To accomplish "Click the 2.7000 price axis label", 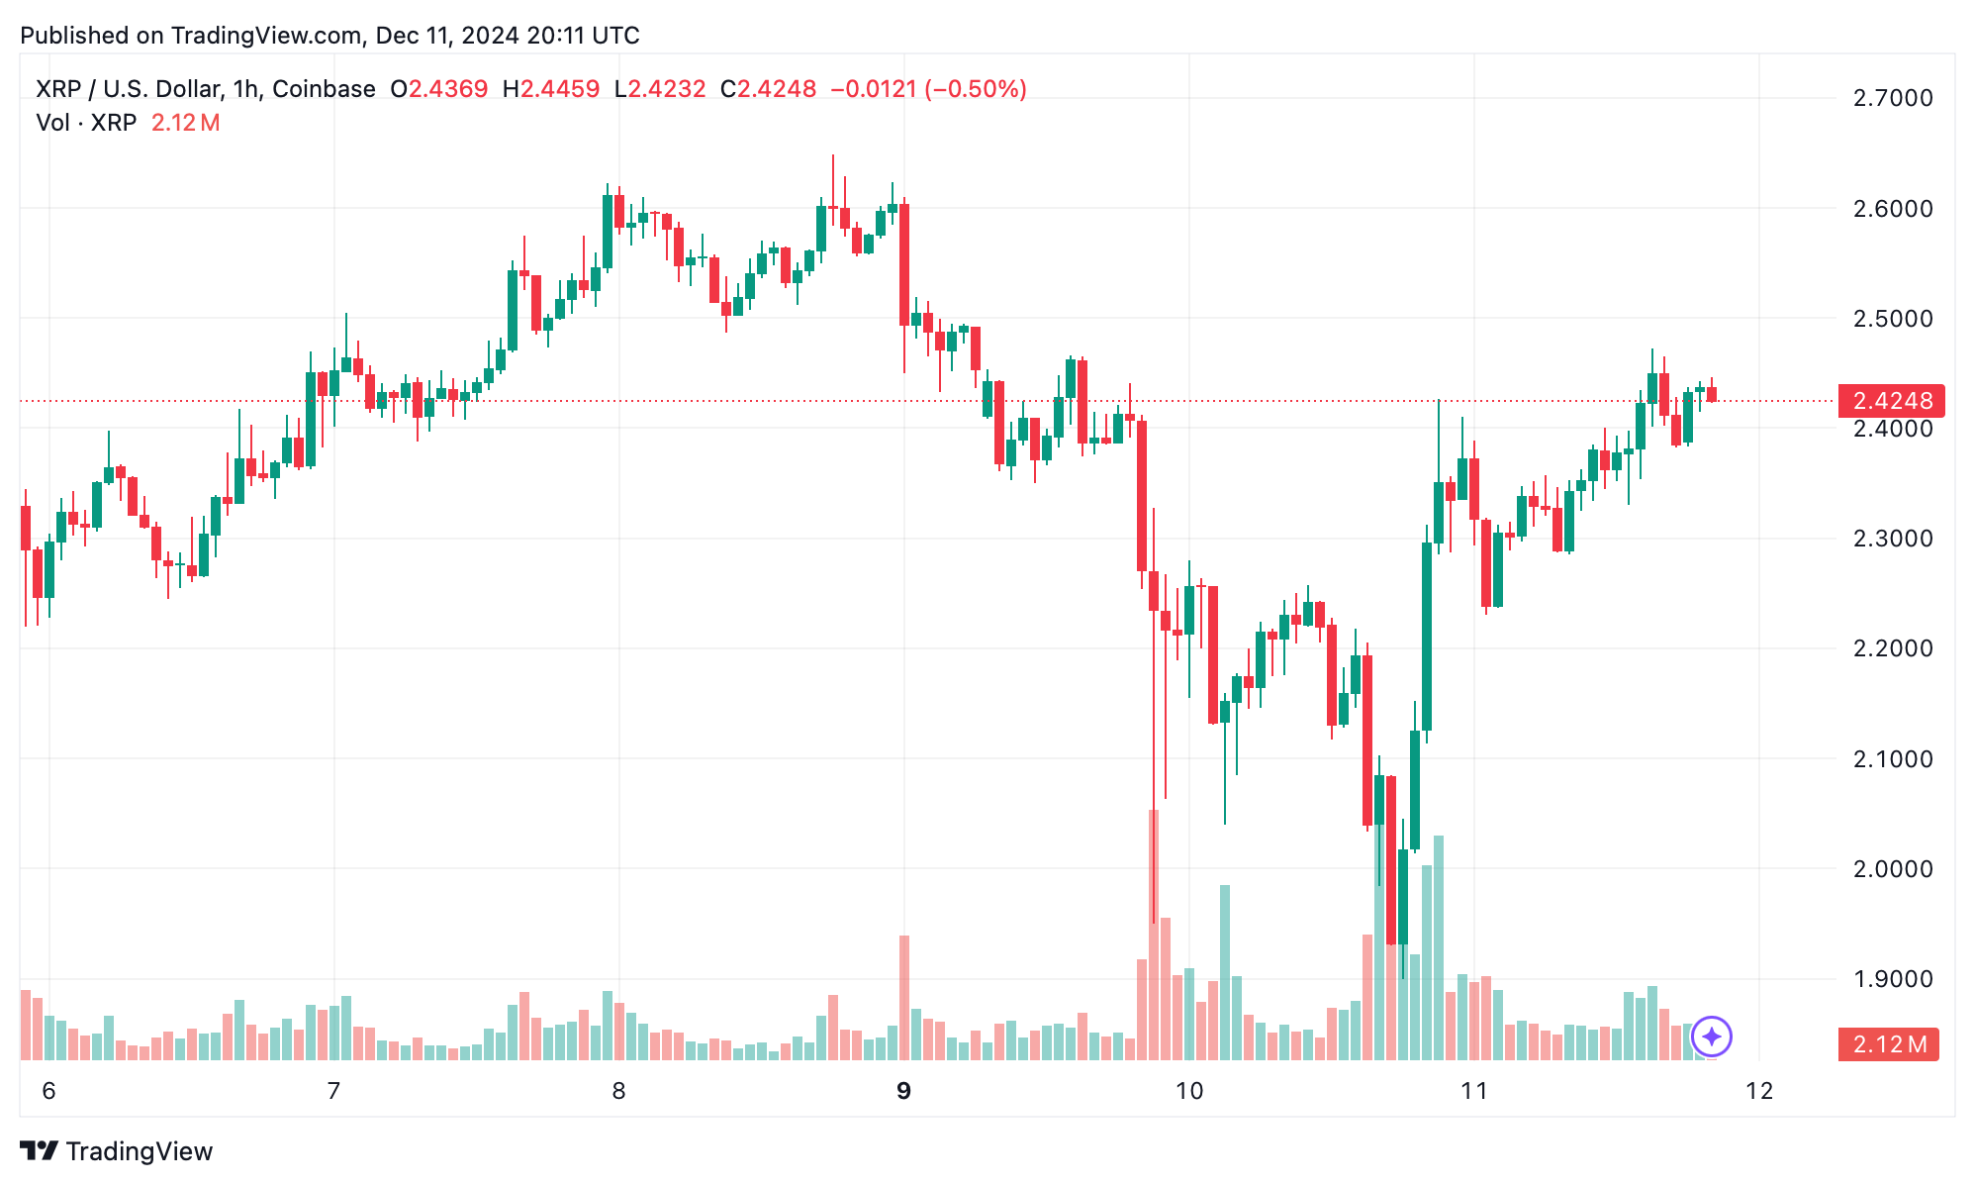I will pyautogui.click(x=1892, y=98).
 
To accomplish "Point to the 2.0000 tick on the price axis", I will pyautogui.click(x=1892, y=869).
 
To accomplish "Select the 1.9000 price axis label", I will pyautogui.click(x=1892, y=979).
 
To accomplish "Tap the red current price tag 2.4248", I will pyautogui.click(x=1891, y=401).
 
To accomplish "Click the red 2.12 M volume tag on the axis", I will pyautogui.click(x=1888, y=1044).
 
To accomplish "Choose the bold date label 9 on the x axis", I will pyautogui.click(x=903, y=1091).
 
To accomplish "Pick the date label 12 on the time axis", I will pyautogui.click(x=1759, y=1091).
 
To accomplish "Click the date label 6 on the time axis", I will pyautogui.click(x=48, y=1091).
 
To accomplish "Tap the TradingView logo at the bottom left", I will pyautogui.click(x=117, y=1151).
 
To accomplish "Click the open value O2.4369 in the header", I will pyautogui.click(x=439, y=89).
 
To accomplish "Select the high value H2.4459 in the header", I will pyautogui.click(x=551, y=89).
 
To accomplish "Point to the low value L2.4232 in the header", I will pyautogui.click(x=660, y=89).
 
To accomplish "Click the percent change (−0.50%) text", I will pyautogui.click(x=976, y=89).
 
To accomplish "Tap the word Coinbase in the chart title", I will pyautogui.click(x=324, y=89).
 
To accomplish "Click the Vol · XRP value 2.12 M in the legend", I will pyautogui.click(x=185, y=123).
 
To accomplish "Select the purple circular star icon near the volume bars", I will pyautogui.click(x=1711, y=1037).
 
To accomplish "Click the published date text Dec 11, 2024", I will pyautogui.click(x=447, y=36).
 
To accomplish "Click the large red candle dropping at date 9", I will pyautogui.click(x=904, y=264).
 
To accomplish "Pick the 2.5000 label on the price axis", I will pyautogui.click(x=1892, y=319).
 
